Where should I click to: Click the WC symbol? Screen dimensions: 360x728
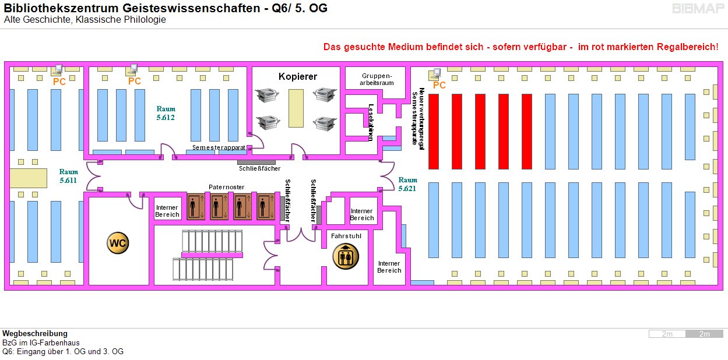(117, 243)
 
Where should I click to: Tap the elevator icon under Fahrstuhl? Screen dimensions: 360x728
(346, 256)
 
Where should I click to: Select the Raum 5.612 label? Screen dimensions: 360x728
(166, 113)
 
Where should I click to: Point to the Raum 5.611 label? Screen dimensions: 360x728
(68, 176)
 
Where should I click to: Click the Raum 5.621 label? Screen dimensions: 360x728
(408, 184)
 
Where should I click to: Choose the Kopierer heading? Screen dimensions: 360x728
(297, 77)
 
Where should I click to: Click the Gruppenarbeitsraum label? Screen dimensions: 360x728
(378, 79)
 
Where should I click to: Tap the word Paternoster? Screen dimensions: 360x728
(226, 187)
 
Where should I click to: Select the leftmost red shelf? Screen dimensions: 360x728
(433, 131)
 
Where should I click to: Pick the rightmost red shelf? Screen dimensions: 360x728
(526, 131)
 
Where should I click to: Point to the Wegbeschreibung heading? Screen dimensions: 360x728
(35, 334)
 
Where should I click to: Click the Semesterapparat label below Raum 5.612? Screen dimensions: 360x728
(219, 148)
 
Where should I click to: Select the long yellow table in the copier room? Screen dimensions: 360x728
(296, 108)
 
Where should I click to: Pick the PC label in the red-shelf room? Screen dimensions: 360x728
(439, 86)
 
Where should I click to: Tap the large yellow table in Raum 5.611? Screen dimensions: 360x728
(27, 178)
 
